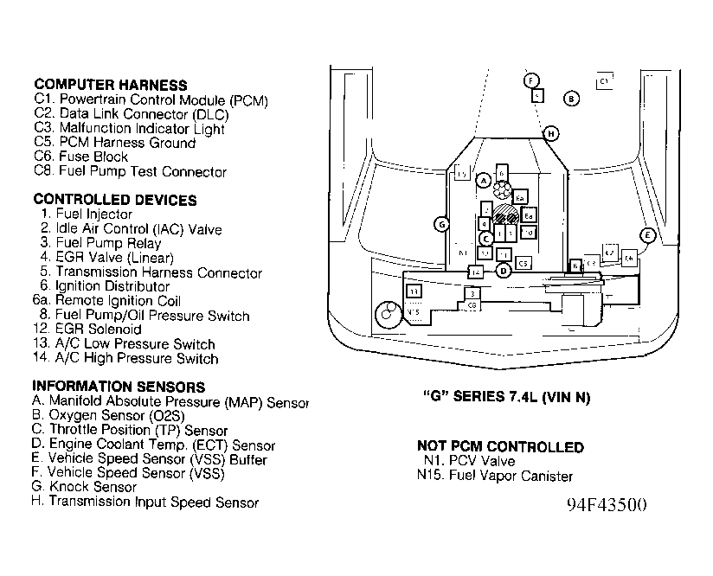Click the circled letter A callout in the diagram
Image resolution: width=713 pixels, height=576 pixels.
[x=484, y=180]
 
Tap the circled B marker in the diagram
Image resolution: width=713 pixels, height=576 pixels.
[x=571, y=99]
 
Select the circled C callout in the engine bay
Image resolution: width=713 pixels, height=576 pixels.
[x=486, y=238]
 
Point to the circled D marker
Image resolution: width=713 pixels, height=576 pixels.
[x=504, y=270]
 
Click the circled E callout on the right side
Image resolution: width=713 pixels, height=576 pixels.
[x=646, y=235]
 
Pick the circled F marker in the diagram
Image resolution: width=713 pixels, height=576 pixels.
[x=530, y=80]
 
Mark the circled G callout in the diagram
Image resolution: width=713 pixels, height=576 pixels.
[x=441, y=225]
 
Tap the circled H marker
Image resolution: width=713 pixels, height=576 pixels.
[x=550, y=133]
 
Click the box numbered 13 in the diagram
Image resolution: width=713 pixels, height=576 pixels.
[x=414, y=291]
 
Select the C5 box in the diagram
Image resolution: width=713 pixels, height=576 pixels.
[x=523, y=262]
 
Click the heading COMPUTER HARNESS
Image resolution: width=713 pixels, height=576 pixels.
[x=111, y=85]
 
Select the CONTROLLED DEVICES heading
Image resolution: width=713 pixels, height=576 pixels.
[x=114, y=200]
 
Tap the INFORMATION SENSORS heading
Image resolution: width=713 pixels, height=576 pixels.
[x=119, y=387]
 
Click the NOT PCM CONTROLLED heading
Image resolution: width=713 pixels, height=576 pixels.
[x=500, y=447]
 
